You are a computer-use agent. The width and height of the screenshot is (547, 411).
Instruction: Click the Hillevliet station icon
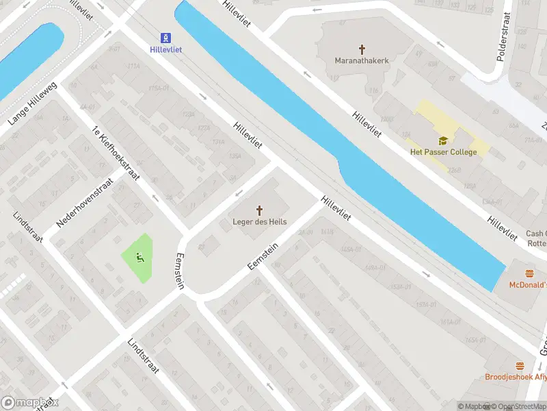pyautogui.click(x=165, y=38)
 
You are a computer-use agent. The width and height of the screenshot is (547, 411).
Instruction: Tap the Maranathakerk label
pyautogui.click(x=362, y=61)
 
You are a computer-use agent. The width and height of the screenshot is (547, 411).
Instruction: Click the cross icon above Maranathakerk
pyautogui.click(x=362, y=49)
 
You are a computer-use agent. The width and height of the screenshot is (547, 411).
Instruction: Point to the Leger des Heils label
pyautogui.click(x=260, y=222)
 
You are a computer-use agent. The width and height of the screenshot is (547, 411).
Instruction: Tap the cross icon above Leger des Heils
pyautogui.click(x=260, y=210)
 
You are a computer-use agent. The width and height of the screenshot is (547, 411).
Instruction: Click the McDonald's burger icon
pyautogui.click(x=530, y=273)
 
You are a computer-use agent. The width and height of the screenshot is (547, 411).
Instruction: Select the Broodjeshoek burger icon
pyautogui.click(x=520, y=366)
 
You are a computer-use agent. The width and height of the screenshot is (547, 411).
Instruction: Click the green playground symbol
pyautogui.click(x=140, y=258)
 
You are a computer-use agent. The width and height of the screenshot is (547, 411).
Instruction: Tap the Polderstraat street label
pyautogui.click(x=503, y=37)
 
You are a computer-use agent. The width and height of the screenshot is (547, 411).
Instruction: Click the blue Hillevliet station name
pyautogui.click(x=165, y=50)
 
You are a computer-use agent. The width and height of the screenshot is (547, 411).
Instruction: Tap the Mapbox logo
pyautogui.click(x=29, y=403)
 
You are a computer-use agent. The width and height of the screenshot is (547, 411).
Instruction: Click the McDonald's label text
pyautogui.click(x=528, y=284)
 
